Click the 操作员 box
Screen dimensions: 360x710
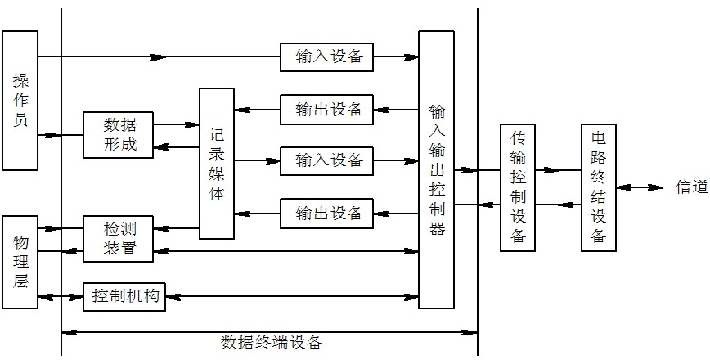20,100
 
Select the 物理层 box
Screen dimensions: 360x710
20,262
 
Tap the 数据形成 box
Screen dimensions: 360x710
118,135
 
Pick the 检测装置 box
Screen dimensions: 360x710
118,238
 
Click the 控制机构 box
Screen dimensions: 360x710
124,295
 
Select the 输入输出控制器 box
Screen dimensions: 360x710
436,169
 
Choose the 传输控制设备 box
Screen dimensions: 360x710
518,187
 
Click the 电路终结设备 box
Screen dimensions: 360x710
598,187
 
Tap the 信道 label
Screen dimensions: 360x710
691,187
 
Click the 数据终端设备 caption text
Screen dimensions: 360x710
271,343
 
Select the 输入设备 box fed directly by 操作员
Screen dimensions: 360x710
326,57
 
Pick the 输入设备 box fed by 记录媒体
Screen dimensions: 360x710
326,160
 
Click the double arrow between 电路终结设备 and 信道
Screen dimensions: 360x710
640,187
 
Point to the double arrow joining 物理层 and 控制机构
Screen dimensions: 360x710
61,295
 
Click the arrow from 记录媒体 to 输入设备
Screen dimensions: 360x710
257,160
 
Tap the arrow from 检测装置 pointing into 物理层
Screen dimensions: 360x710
61,227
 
